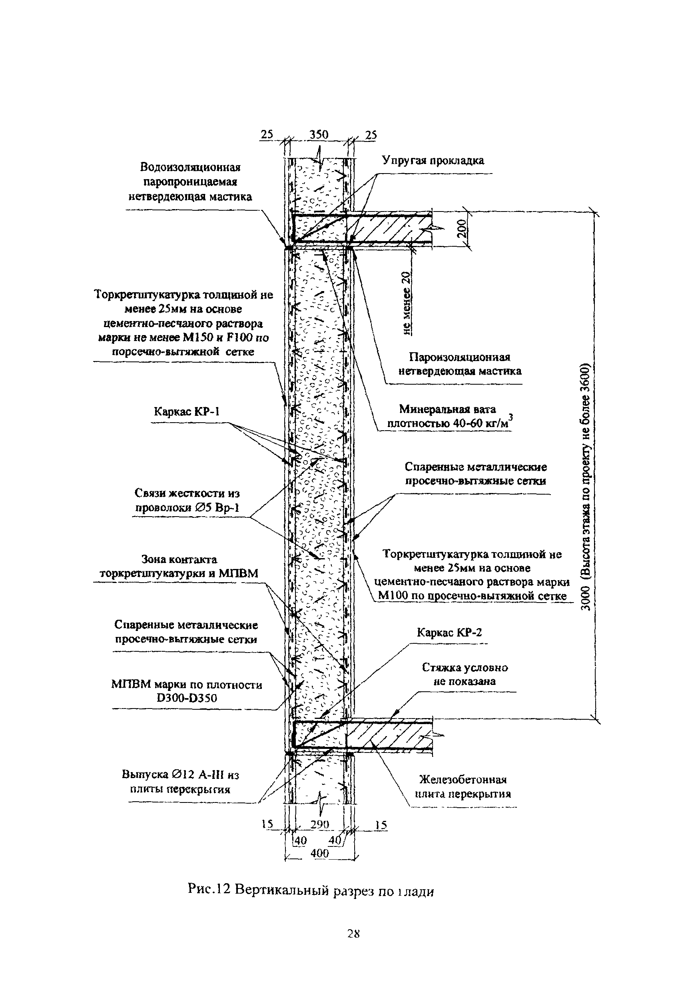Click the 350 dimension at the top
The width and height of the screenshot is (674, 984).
pos(319,135)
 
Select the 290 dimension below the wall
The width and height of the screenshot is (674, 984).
pos(319,824)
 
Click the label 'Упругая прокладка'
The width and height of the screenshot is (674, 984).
pos(433,160)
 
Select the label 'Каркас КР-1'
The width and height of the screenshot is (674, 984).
pos(187,411)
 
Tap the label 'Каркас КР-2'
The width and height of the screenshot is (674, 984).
pos(449,633)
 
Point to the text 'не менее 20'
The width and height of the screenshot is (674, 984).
pos(407,303)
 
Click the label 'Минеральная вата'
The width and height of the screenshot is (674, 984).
pos(447,409)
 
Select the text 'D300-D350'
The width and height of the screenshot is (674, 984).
pos(187,698)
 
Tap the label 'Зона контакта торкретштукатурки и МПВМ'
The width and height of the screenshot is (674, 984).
pos(179,567)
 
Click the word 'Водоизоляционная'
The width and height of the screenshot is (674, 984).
pos(190,167)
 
